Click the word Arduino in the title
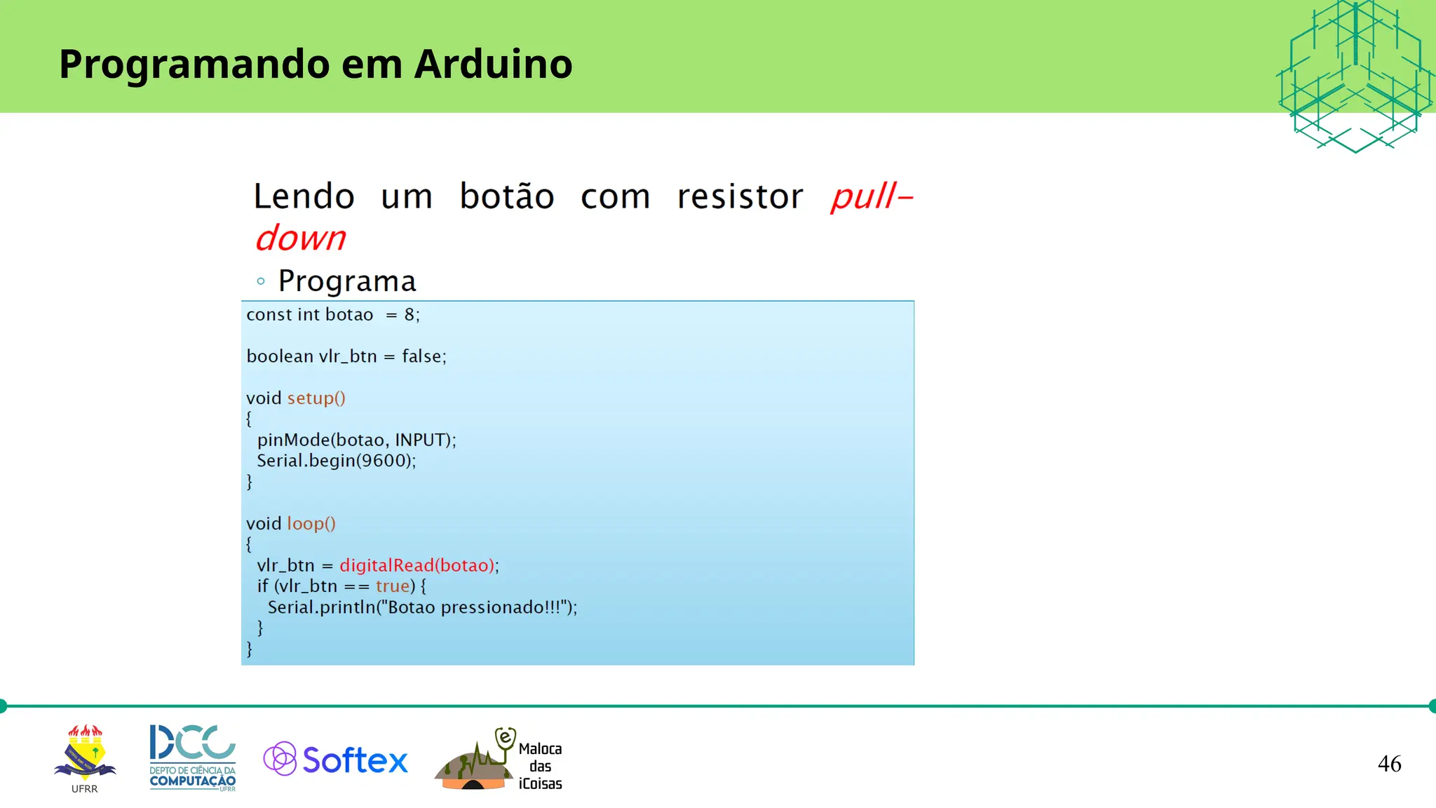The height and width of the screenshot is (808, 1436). [493, 64]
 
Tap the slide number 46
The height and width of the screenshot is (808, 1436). [1389, 764]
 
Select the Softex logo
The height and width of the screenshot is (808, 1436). [335, 760]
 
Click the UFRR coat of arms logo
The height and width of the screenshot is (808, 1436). [85, 755]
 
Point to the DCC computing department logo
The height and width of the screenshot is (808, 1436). [192, 757]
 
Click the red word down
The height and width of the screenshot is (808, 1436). [300, 238]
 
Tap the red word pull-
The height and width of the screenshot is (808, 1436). [871, 196]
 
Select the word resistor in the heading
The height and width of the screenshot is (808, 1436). [740, 196]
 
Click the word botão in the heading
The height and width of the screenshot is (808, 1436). [507, 196]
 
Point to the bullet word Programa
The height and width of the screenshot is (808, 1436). [347, 281]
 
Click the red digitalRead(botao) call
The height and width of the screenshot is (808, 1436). [418, 565]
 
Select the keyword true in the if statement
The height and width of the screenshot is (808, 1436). [393, 586]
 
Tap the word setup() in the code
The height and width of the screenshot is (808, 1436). [316, 398]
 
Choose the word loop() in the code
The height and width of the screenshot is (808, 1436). [311, 524]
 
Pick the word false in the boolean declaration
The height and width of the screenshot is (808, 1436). [421, 356]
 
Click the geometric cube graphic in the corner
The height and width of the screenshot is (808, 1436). [1355, 76]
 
